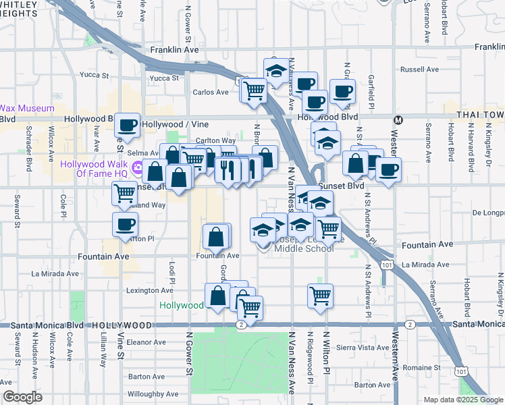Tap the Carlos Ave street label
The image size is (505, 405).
click(211, 92)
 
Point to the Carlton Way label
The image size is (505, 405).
click(215, 140)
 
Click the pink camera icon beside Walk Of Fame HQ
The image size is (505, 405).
click(138, 168)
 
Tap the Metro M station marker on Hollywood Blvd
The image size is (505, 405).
click(398, 120)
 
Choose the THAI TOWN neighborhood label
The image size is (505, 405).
click(480, 115)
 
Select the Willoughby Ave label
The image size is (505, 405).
click(153, 394)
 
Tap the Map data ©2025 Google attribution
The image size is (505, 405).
click(462, 400)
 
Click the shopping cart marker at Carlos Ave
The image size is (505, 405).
click(255, 89)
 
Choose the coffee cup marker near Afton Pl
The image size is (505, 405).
click(125, 225)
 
